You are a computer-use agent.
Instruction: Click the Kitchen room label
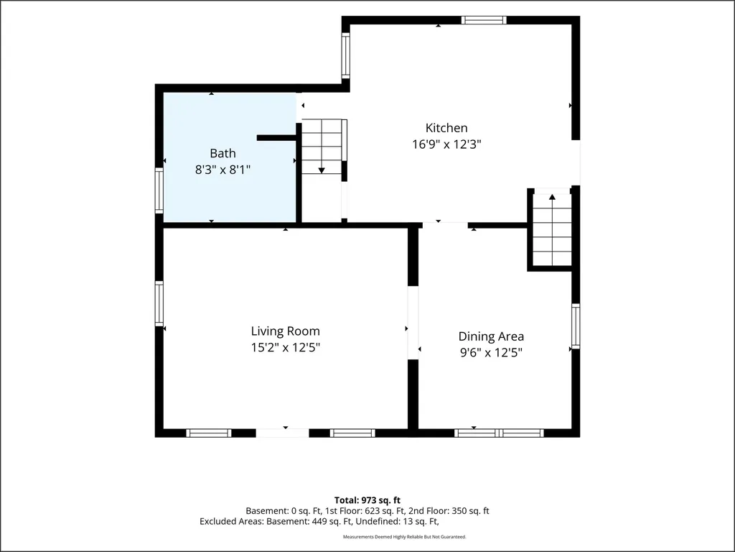click(446, 128)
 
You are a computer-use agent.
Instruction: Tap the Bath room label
click(223, 154)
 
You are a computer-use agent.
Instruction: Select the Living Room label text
click(286, 331)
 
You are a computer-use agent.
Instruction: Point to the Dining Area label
click(491, 336)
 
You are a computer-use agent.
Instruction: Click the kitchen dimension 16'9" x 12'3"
click(446, 144)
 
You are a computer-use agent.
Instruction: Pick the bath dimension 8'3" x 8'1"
click(223, 170)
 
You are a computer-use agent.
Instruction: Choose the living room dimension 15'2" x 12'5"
click(286, 347)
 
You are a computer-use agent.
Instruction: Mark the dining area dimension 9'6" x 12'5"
click(491, 352)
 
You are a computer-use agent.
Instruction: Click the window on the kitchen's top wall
click(484, 19)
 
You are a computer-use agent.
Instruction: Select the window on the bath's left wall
click(159, 190)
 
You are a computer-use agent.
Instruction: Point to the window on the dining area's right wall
click(576, 326)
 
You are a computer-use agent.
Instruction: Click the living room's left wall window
click(159, 303)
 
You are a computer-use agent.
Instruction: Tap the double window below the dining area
click(500, 433)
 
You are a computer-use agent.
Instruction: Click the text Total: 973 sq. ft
click(367, 500)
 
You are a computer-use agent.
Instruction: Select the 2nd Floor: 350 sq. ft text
click(449, 511)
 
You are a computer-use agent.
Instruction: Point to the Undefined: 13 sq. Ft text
click(397, 521)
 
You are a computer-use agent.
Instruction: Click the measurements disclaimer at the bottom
click(405, 536)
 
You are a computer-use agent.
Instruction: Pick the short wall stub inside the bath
click(276, 137)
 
